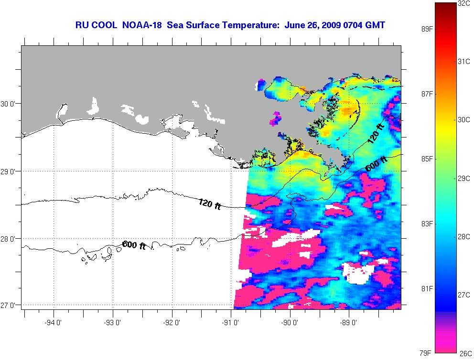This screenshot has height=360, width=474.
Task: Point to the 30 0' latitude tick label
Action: coord(10,104)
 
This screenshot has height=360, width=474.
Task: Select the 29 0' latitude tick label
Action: coord(10,171)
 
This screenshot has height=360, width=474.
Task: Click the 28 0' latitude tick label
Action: coord(10,238)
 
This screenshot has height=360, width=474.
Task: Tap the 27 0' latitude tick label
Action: coord(10,305)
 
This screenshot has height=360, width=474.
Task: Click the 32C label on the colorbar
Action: coord(464,3)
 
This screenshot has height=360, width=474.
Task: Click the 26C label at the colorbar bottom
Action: coord(465,354)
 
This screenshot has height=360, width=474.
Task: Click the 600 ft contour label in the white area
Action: coord(134,245)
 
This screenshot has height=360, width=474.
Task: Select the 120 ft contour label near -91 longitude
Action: coord(210,204)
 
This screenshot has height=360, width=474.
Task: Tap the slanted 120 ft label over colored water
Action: coord(376,134)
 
